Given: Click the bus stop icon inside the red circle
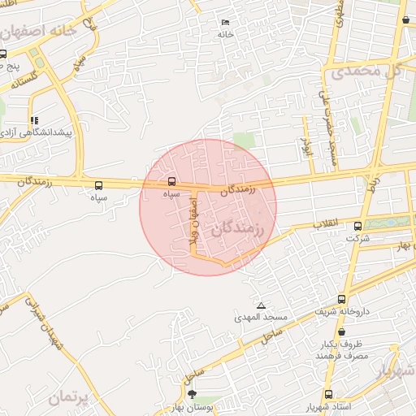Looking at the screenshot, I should point(171,181).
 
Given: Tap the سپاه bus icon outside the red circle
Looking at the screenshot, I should point(99,185).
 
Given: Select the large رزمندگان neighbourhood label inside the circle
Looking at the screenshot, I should point(238,230).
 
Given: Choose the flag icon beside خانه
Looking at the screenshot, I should point(225,22).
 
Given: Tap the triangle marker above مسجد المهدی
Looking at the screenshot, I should point(260,305).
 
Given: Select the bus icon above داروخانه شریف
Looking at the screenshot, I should point(341,299).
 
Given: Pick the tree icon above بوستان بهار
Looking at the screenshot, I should point(192,395).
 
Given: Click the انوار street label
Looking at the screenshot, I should point(306,146).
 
